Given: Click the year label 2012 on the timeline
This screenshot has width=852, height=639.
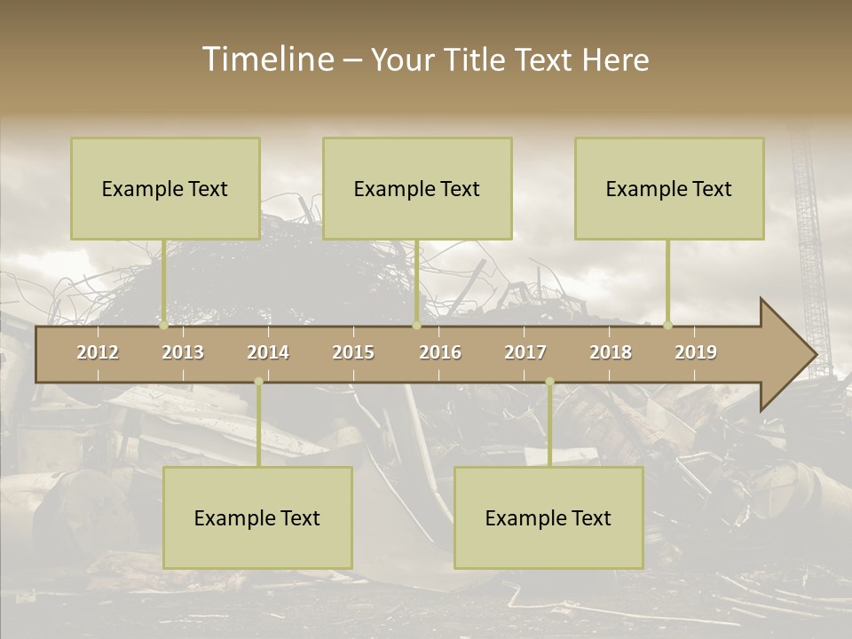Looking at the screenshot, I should [98, 352].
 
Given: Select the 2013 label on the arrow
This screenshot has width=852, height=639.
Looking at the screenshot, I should [183, 352].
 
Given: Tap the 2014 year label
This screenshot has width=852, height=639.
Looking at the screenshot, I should [268, 352].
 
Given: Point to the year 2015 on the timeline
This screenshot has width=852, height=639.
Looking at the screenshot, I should [353, 352].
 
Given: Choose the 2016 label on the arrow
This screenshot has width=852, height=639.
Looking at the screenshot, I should [440, 352].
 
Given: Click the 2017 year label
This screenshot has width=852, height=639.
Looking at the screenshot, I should [525, 352].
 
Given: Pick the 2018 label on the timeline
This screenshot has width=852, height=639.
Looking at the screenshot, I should [611, 352].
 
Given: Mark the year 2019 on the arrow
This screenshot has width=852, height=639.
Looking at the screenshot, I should [696, 352].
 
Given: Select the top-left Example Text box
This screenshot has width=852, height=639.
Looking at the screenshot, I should [165, 188].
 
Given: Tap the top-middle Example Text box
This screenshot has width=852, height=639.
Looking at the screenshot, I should [417, 188].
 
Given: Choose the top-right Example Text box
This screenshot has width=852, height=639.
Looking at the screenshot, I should [669, 188].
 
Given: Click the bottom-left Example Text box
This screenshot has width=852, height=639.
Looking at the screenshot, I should [257, 517].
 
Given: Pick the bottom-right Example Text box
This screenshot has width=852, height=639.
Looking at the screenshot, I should [548, 517].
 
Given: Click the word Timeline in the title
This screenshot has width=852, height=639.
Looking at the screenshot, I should [267, 59].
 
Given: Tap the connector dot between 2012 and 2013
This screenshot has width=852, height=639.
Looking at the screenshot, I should [164, 325].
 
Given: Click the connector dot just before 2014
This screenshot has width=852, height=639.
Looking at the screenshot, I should [258, 382].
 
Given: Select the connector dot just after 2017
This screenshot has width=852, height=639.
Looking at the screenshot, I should [549, 382].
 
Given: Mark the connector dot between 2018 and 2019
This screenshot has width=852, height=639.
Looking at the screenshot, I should [668, 325].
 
